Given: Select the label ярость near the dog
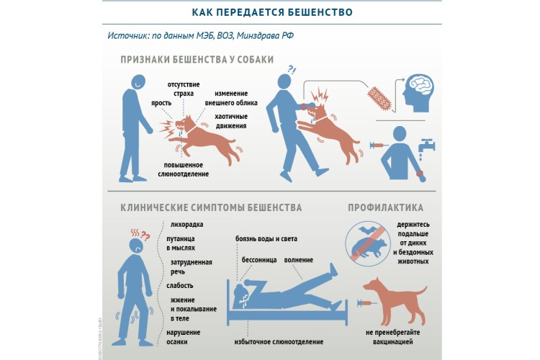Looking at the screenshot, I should click(161, 103).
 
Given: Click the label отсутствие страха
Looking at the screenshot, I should click(184, 89).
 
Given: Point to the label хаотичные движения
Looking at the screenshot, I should click(230, 121).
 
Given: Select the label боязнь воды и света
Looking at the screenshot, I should click(266, 239).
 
